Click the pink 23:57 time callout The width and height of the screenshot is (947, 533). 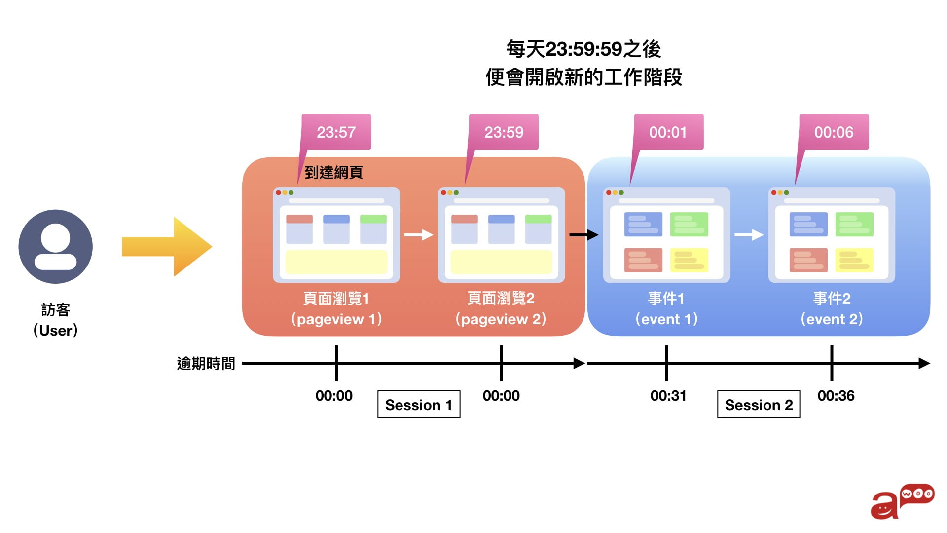click(336, 132)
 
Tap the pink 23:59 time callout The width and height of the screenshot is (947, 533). click(504, 132)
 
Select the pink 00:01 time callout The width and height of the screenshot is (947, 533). click(668, 132)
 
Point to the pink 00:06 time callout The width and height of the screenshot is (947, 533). click(834, 132)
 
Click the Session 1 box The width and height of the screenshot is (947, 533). click(419, 405)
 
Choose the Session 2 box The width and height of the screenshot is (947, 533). click(759, 405)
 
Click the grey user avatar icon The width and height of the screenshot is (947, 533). click(56, 247)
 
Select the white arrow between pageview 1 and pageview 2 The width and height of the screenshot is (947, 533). click(419, 235)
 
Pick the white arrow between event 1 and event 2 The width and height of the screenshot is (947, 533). click(749, 235)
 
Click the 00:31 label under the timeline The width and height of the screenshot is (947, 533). click(668, 396)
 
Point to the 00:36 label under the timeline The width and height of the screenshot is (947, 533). click(836, 396)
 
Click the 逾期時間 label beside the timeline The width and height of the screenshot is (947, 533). click(206, 364)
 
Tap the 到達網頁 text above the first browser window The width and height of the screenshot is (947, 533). click(334, 172)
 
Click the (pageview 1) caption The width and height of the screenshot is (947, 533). click(336, 319)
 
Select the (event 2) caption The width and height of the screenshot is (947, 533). click(832, 319)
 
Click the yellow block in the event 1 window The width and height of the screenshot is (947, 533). click(689, 260)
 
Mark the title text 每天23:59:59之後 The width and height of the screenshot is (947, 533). click(583, 49)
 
